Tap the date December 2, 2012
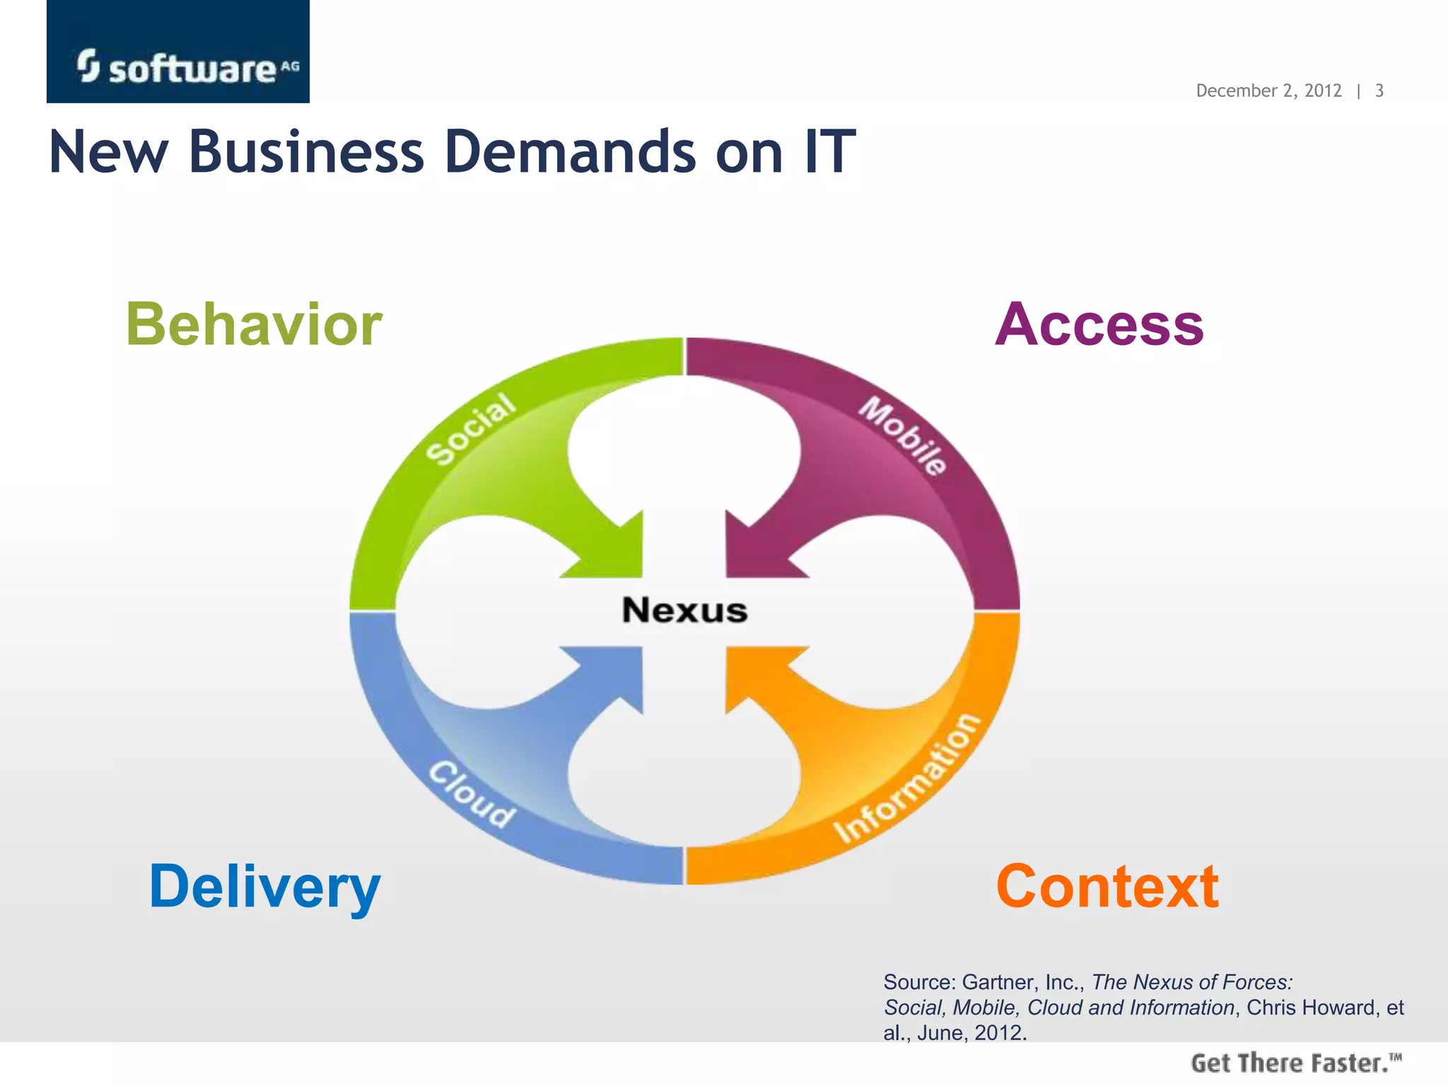point(1268,90)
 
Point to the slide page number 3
point(1379,90)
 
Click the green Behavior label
point(254,325)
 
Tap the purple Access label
point(1099,325)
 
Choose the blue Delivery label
point(264,887)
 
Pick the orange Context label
point(1107,887)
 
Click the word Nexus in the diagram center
point(684,609)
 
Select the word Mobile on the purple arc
point(903,435)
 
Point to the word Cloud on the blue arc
point(472,794)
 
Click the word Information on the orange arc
point(908,778)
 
